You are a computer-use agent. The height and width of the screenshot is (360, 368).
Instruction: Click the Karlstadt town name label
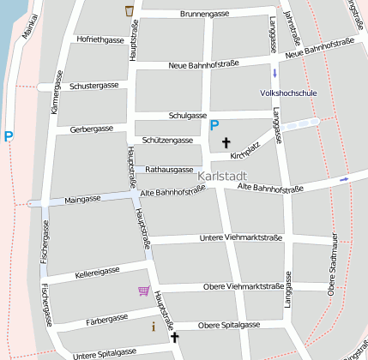click(x=222, y=176)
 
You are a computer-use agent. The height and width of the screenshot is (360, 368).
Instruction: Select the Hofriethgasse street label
click(x=100, y=40)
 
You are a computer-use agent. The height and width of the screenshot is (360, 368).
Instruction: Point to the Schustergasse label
click(x=94, y=86)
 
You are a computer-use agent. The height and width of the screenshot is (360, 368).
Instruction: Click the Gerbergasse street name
click(x=92, y=129)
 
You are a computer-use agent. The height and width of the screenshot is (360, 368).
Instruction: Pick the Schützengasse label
click(x=168, y=140)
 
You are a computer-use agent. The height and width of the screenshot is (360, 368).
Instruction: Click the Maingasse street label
click(x=82, y=199)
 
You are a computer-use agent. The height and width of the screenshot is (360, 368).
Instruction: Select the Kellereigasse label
click(x=97, y=271)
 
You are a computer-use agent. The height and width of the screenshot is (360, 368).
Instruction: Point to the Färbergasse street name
click(x=107, y=320)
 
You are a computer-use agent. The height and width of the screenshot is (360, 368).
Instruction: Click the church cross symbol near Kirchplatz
click(x=227, y=141)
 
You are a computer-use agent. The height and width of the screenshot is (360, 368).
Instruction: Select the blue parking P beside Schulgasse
click(x=214, y=125)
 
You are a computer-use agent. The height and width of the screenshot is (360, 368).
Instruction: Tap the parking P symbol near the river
click(x=9, y=135)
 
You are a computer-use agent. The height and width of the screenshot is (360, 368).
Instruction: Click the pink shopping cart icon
click(x=143, y=291)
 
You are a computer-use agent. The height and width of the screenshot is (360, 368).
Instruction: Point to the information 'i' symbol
click(x=154, y=327)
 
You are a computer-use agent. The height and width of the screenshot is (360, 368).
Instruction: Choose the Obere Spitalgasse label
click(x=229, y=326)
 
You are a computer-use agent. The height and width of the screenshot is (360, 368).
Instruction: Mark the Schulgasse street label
click(x=188, y=115)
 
